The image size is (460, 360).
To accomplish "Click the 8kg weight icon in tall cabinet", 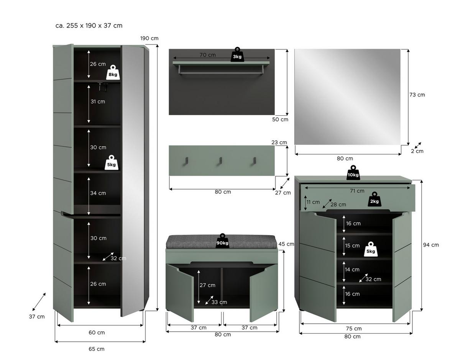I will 113,72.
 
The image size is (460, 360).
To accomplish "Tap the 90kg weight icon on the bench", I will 222,241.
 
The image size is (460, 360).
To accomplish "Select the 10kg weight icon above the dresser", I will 353,173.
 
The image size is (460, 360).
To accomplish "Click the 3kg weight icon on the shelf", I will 237,55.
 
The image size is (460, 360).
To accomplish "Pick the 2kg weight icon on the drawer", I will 374,199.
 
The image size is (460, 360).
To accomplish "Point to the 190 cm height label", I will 149,38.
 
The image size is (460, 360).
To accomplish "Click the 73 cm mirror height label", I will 417,95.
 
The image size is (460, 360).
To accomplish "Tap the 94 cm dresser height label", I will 431,245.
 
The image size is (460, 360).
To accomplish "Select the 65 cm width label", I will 96,349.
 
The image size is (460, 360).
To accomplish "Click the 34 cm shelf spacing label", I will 98,193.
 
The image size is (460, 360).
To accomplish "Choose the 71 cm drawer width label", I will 357,191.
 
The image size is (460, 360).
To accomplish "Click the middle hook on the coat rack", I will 220,161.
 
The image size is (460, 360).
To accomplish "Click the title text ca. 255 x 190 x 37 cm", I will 89,26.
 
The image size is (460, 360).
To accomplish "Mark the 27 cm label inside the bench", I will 207,285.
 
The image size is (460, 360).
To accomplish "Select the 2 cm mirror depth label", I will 417,151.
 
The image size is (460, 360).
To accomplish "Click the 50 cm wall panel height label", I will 280,119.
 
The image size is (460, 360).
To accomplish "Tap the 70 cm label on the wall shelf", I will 207,55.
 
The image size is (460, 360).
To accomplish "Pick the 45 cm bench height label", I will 286,244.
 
